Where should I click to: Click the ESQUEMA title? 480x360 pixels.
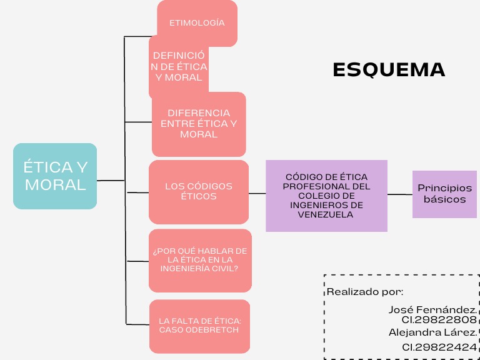click(x=389, y=69)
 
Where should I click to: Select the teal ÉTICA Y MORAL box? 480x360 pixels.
click(x=55, y=176)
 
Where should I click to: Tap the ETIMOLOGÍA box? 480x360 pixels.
click(x=197, y=22)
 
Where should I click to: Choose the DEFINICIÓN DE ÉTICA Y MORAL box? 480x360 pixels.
click(x=179, y=67)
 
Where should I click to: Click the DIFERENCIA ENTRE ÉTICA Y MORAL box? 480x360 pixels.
click(x=198, y=124)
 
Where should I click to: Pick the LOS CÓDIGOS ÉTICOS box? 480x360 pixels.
click(x=198, y=191)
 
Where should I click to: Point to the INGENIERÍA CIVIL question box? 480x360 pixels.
click(x=200, y=259)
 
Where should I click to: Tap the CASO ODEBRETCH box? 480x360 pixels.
click(x=199, y=326)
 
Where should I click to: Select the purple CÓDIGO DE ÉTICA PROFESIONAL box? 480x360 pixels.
click(x=326, y=196)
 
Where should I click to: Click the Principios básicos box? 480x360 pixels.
click(x=444, y=194)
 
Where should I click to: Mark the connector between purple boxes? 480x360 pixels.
click(x=399, y=194)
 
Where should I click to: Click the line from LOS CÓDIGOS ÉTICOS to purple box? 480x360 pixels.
click(x=257, y=194)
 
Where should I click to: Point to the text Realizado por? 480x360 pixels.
click(x=365, y=292)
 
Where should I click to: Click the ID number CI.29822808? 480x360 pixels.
click(x=439, y=320)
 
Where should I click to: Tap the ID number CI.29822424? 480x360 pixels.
click(x=439, y=347)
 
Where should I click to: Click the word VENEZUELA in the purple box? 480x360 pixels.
click(x=326, y=214)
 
